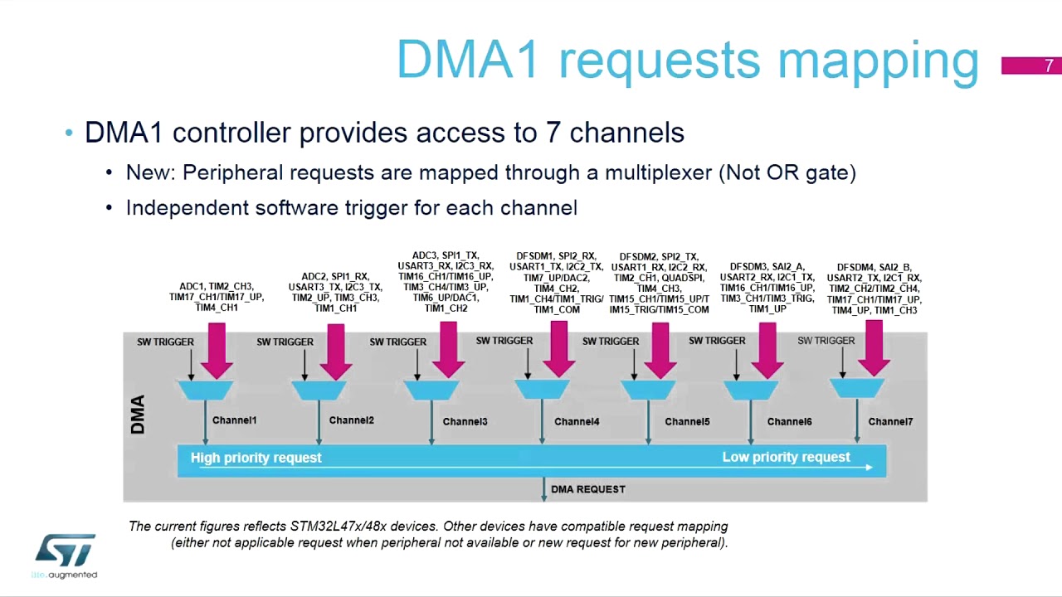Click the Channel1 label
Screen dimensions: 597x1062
click(234, 420)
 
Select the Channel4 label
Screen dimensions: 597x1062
click(577, 422)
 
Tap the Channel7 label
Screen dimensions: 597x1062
click(890, 422)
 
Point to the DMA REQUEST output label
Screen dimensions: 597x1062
click(587, 489)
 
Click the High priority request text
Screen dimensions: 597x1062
click(256, 458)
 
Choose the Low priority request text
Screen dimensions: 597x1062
click(786, 458)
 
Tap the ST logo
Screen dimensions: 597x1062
click(65, 551)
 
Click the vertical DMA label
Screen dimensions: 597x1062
click(138, 415)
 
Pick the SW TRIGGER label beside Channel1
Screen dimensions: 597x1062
click(165, 342)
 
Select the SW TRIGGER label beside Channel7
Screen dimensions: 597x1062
click(826, 341)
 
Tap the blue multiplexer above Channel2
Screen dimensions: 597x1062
click(319, 390)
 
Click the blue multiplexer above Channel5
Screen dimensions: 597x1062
click(647, 389)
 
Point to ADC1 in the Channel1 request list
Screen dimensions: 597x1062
click(192, 287)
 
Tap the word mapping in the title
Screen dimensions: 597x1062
click(879, 60)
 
